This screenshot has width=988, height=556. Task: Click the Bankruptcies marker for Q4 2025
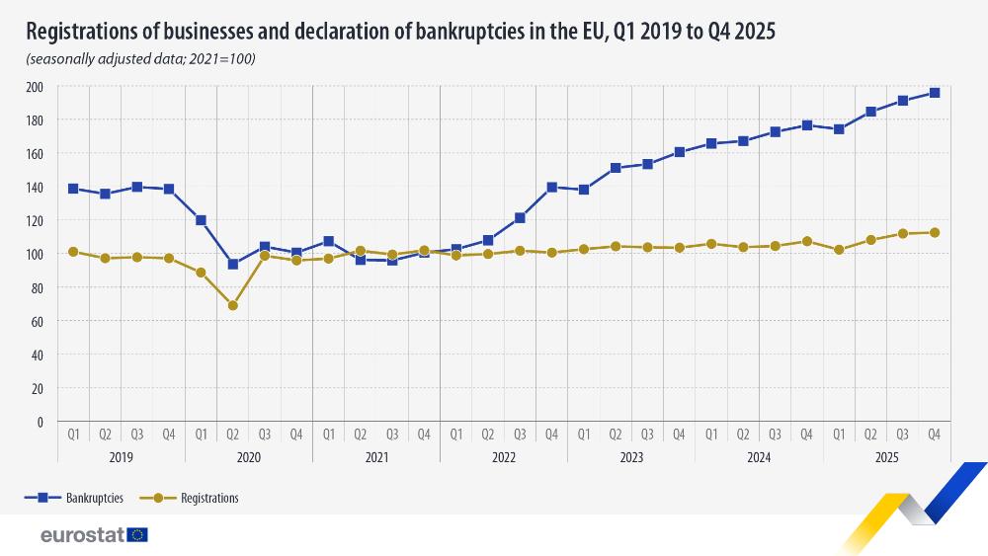pos(934,93)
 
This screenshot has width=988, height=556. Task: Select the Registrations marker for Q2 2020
pos(232,305)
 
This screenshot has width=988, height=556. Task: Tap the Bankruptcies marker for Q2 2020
pos(232,265)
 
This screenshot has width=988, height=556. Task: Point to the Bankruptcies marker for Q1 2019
pos(73,189)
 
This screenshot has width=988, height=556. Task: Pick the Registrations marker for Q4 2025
pos(934,233)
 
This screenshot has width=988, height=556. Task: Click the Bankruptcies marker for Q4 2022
pos(551,187)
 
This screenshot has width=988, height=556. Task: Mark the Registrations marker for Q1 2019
pos(73,252)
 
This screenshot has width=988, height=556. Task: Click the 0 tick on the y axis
pos(40,422)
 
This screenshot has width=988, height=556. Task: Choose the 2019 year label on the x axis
pos(121,458)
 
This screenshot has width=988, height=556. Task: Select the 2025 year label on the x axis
pos(886,458)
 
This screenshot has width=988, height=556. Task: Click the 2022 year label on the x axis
pos(504,458)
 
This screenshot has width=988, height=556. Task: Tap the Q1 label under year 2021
pos(328,434)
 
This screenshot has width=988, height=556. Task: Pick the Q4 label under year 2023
pos(679,434)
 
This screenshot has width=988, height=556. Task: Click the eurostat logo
pos(94,534)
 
